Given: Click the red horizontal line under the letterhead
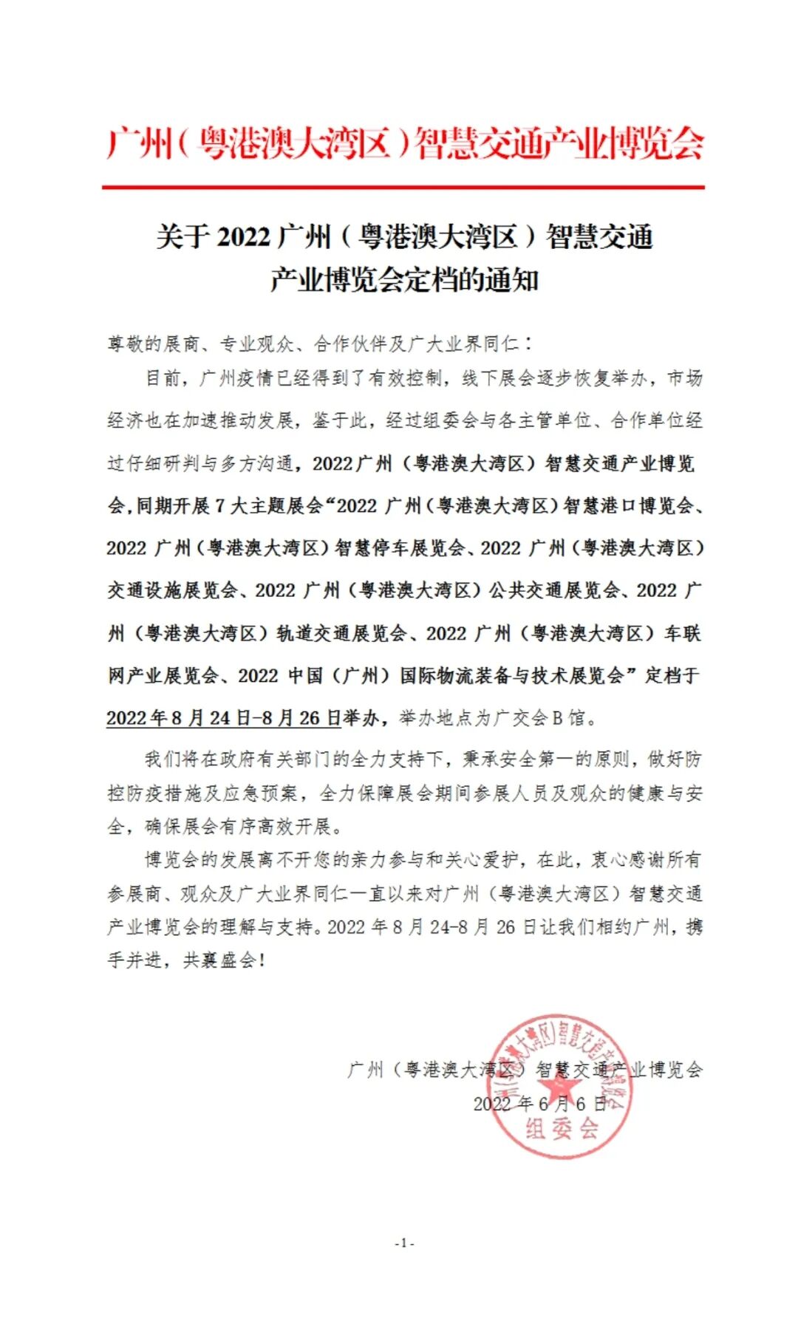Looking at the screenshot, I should [x=403, y=188].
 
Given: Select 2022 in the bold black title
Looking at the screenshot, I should [x=245, y=238].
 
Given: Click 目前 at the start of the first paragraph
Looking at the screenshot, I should [x=163, y=379].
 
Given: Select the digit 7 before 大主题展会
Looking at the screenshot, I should [x=220, y=507].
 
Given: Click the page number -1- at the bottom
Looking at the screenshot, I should [x=404, y=1243].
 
